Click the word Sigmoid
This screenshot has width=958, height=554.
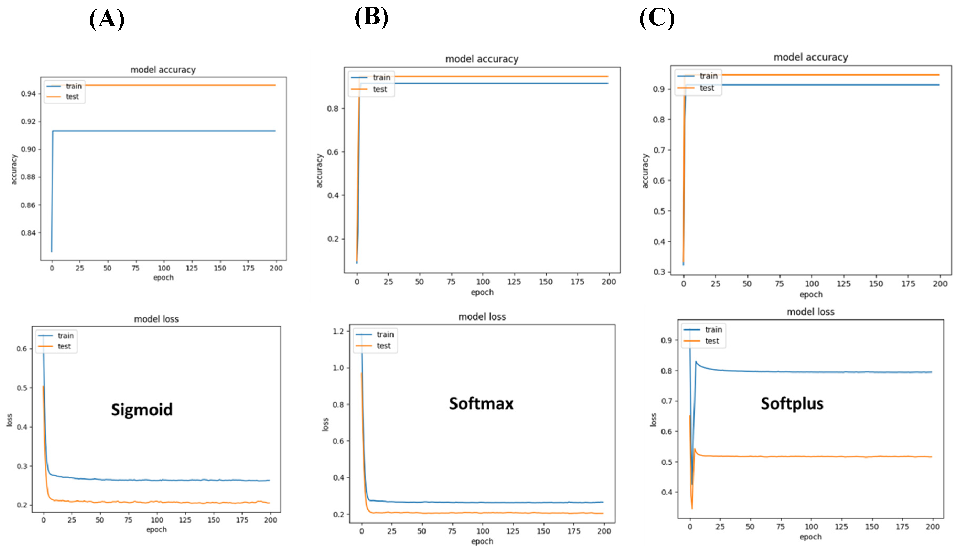(142, 409)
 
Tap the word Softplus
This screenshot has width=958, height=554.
(792, 403)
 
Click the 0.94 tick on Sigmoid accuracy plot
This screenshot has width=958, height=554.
(28, 94)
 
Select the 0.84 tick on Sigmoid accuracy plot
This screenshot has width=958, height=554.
(28, 233)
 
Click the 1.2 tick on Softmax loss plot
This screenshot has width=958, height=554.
(338, 331)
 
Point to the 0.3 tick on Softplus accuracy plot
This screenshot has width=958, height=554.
(659, 272)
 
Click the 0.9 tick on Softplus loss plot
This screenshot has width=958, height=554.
(666, 340)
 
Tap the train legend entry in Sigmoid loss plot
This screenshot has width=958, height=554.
(65, 335)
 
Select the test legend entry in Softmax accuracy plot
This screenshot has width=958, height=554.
(379, 89)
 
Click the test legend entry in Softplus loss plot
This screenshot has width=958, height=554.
(712, 341)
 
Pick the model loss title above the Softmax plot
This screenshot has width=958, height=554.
(482, 316)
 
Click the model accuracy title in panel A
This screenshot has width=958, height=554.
(163, 70)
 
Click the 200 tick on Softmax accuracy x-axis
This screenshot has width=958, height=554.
(609, 281)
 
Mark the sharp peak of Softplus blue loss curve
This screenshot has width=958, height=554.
(696, 362)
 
